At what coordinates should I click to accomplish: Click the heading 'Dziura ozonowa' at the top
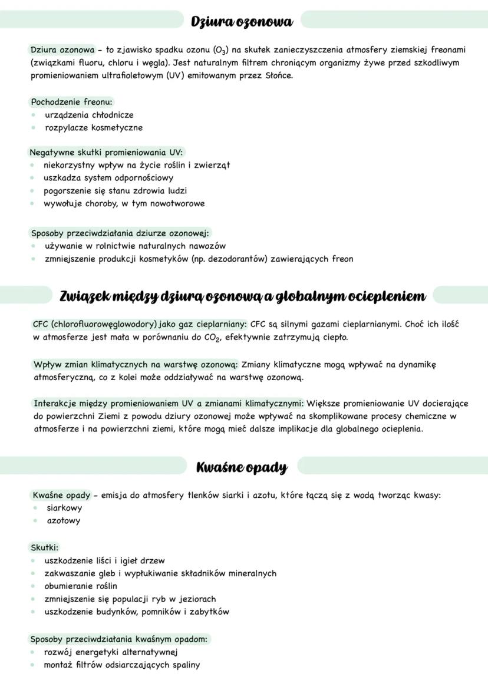[242, 22]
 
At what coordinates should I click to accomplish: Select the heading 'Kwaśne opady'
[242, 468]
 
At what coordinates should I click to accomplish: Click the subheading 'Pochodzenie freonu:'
[71, 102]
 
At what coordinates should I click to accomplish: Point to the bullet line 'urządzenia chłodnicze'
[89, 115]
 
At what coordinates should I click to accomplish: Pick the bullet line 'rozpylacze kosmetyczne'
[94, 128]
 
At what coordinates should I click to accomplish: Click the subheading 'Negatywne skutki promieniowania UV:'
[106, 152]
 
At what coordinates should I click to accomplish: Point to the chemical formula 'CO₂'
[206, 338]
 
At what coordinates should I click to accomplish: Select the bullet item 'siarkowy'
[64, 508]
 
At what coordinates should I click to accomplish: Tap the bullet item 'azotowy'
[64, 521]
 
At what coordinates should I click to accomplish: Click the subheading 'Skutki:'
[45, 547]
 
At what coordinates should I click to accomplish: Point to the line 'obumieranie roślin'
[81, 586]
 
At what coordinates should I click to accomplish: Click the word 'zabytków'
[209, 612]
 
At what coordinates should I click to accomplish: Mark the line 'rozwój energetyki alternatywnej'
[111, 652]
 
